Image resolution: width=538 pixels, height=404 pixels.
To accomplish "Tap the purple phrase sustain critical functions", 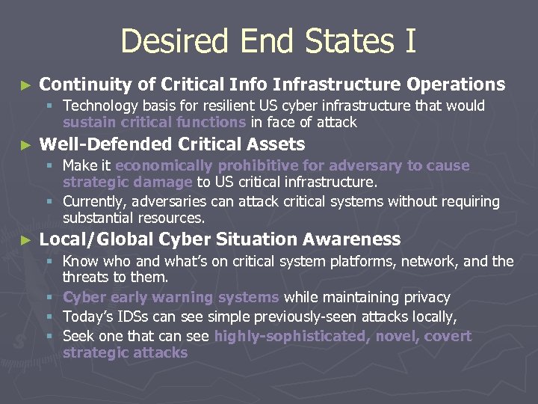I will [x=154, y=122].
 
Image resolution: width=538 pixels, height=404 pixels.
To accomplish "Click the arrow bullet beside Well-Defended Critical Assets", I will [x=26, y=145].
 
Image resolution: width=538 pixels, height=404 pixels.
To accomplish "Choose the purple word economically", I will [x=164, y=165].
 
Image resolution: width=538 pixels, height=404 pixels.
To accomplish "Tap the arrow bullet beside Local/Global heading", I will [x=26, y=241].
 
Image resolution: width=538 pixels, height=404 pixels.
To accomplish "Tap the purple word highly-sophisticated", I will [x=289, y=336].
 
